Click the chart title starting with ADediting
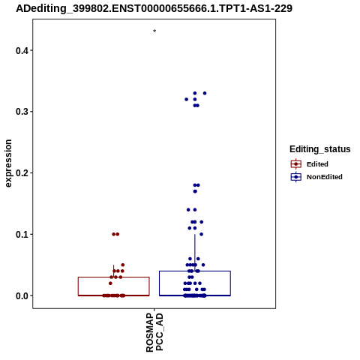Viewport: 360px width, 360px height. [x=154, y=8]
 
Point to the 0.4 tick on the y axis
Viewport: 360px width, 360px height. [x=31, y=50]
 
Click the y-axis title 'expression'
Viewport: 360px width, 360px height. [x=8, y=163]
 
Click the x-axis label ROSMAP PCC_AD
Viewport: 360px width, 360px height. [x=154, y=332]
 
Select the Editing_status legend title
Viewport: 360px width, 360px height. [x=320, y=149]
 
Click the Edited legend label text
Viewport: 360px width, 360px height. [x=317, y=164]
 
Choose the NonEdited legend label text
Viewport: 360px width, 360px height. [x=325, y=177]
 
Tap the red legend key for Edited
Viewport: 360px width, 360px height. [x=296, y=164]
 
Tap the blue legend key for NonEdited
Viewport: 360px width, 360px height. [x=296, y=177]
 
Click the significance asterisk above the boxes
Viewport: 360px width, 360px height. [x=154, y=31]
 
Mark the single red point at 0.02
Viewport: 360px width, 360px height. [x=110, y=283]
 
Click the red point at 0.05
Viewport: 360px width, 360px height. [x=123, y=265]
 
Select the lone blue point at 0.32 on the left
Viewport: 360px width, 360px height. [x=186, y=99]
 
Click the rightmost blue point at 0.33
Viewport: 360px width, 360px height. [x=205, y=93]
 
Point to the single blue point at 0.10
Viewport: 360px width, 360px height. [x=202, y=234]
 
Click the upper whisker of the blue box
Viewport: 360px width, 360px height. [x=195, y=253]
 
